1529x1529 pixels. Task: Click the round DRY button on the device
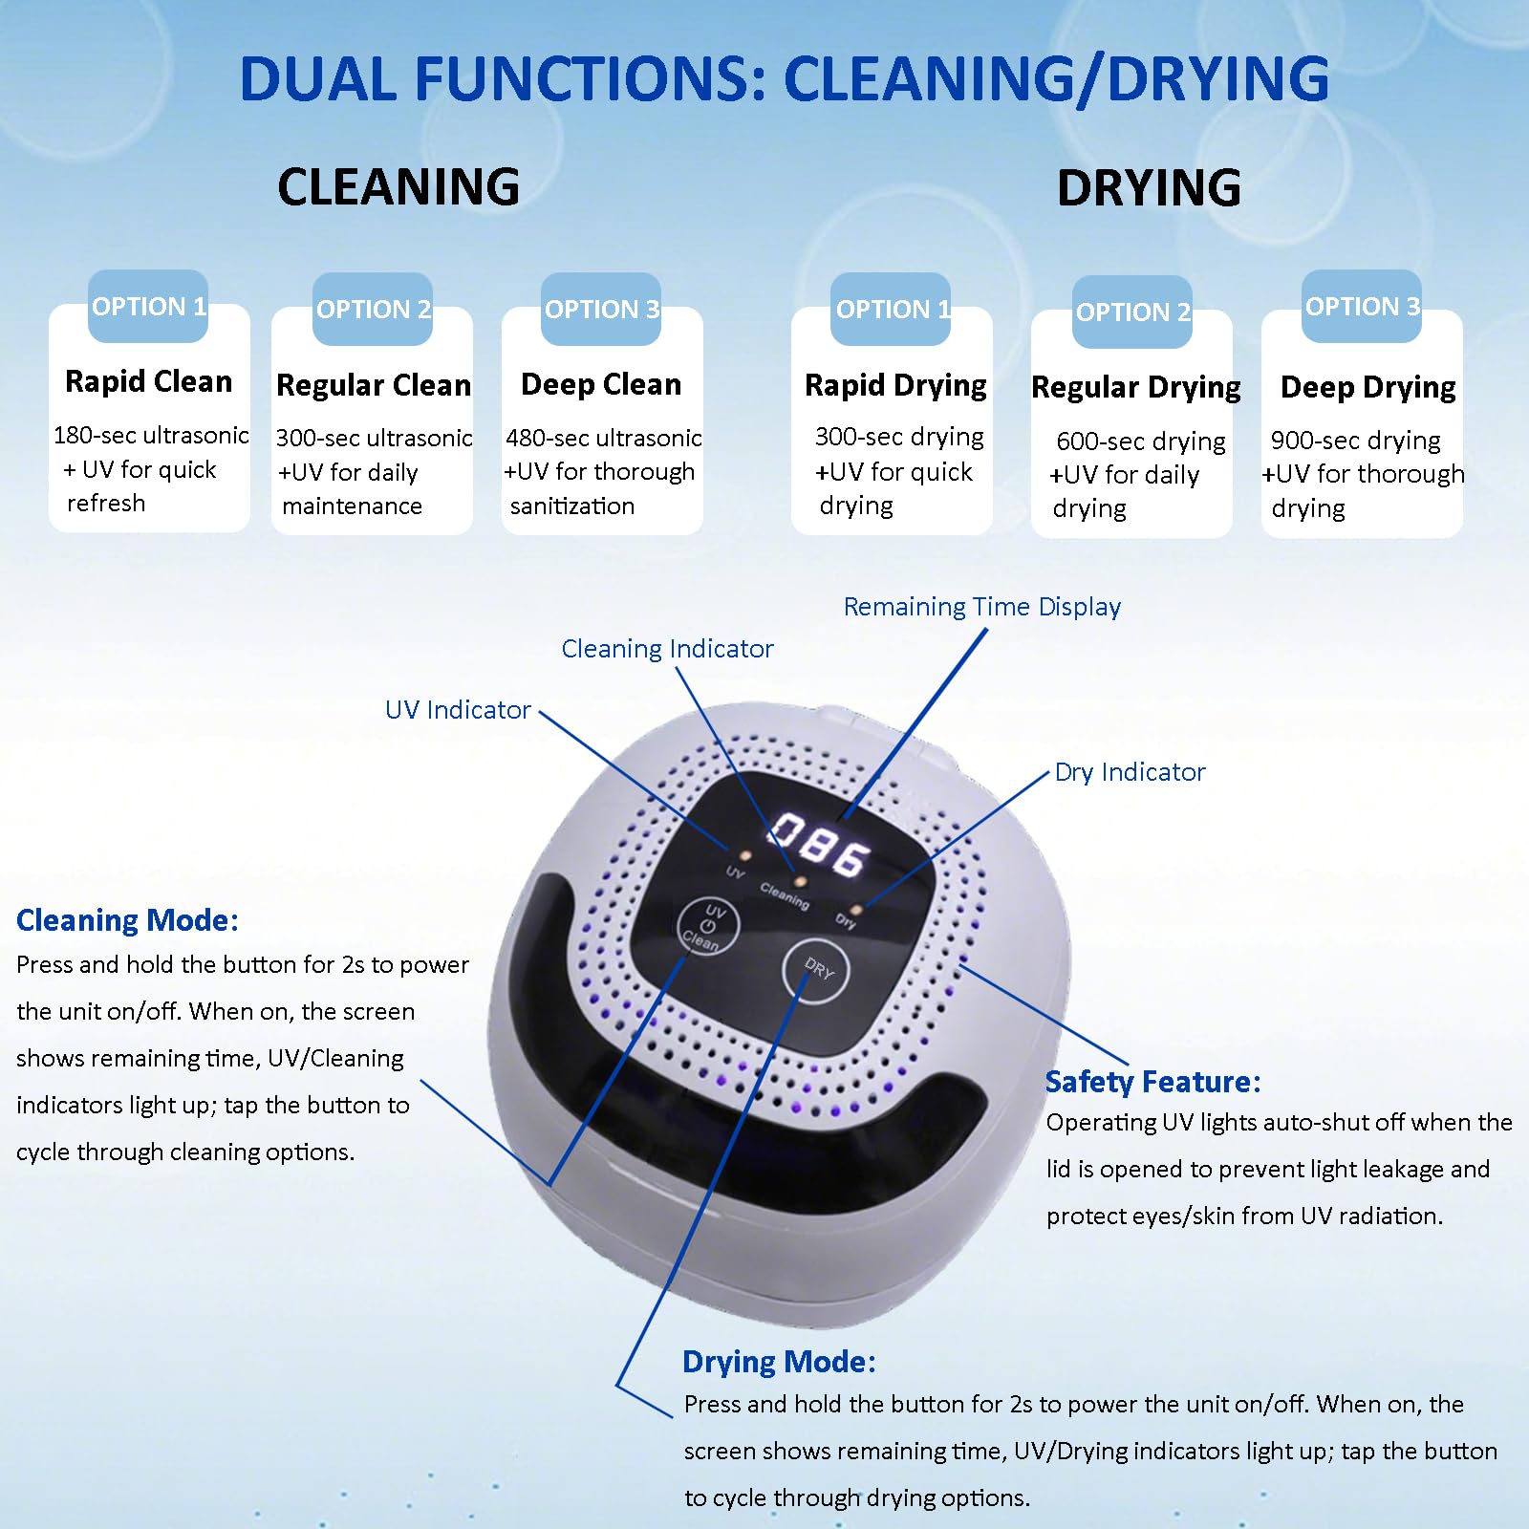[815, 970]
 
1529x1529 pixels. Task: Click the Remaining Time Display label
[981, 607]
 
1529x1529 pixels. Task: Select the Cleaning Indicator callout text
[667, 649]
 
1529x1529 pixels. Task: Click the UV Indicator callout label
[458, 710]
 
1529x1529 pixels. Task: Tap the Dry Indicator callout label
[1130, 772]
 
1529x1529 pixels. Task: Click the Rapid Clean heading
[148, 381]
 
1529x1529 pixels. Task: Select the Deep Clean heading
[601, 384]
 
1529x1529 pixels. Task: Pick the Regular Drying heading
[1135, 387]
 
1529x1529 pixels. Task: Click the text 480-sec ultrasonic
[603, 438]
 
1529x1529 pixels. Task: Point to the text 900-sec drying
[1355, 441]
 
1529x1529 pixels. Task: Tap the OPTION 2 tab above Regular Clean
[373, 310]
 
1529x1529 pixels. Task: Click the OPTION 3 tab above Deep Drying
[1362, 307]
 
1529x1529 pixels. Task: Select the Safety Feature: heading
[1152, 1082]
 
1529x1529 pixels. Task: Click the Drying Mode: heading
[779, 1362]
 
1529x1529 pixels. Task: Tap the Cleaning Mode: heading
[127, 920]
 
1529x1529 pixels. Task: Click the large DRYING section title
[1149, 187]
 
